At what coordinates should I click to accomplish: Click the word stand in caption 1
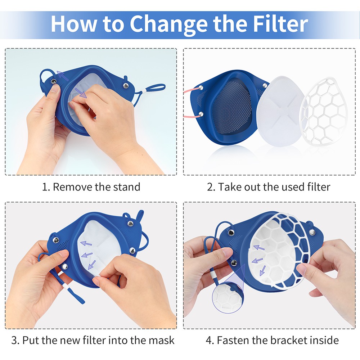[x=127, y=187]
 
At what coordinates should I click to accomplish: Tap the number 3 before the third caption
[x=14, y=340]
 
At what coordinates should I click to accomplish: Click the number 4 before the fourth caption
[x=209, y=340]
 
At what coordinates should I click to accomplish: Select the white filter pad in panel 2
[x=280, y=111]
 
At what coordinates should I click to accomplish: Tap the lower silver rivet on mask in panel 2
[x=201, y=114]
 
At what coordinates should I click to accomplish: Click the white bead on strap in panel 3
[x=66, y=286]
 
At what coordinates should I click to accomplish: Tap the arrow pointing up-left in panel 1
[x=62, y=76]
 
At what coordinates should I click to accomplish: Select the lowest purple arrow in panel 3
[x=92, y=265]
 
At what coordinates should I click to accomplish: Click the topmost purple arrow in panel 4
[x=259, y=248]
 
